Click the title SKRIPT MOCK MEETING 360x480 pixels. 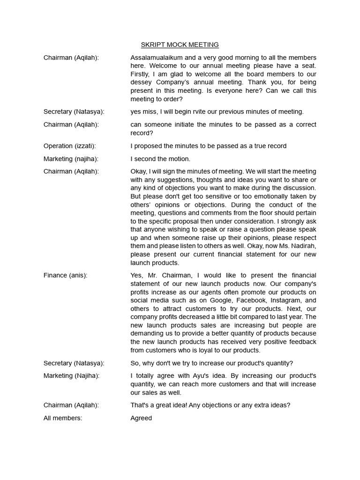180,45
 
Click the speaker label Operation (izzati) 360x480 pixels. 69,146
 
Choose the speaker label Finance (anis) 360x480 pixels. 65,275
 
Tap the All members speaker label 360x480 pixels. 62,418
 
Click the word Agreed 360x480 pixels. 141,418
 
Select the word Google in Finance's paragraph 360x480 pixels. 222,300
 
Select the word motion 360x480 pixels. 180,159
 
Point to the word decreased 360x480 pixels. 191,317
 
